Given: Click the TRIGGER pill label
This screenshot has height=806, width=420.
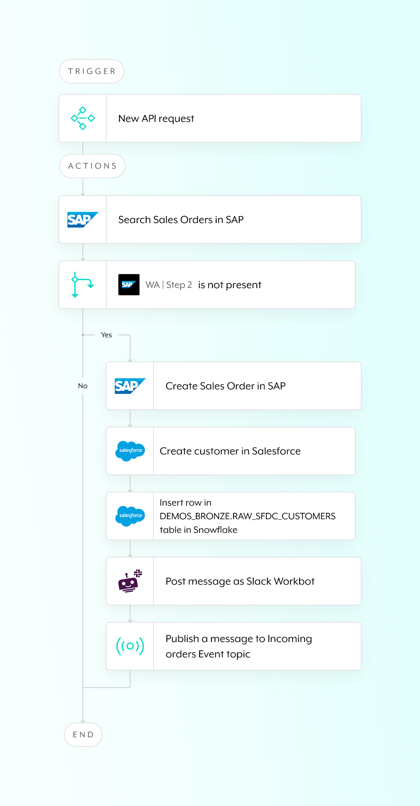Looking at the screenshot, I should [92, 71].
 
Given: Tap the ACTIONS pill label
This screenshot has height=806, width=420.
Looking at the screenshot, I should [92, 166].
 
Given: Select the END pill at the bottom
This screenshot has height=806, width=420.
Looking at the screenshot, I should [83, 735].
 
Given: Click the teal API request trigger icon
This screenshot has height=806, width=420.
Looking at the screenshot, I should [83, 118].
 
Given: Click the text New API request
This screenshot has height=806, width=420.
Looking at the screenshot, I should [156, 118].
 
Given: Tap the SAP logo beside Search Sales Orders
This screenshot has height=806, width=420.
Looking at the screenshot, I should [83, 219].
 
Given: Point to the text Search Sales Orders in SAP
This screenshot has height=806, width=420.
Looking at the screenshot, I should [181, 219].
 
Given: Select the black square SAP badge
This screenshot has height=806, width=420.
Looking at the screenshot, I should [129, 285].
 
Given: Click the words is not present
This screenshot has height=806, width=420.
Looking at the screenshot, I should [229, 285].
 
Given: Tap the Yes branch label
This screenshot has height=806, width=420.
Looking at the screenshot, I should [106, 335].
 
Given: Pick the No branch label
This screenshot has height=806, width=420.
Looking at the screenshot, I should [83, 386].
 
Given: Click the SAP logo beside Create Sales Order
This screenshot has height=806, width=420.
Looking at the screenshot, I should [130, 386].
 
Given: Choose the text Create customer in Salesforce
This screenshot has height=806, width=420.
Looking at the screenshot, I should [230, 451].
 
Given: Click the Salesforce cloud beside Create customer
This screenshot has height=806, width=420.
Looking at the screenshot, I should [130, 451].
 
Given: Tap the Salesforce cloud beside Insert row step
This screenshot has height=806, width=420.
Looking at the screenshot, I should [130, 516].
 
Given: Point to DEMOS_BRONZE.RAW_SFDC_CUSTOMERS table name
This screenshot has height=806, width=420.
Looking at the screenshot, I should [248, 516].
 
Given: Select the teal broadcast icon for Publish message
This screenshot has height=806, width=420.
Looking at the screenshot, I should [130, 646].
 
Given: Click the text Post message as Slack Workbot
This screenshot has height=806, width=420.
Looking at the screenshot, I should [240, 581].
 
